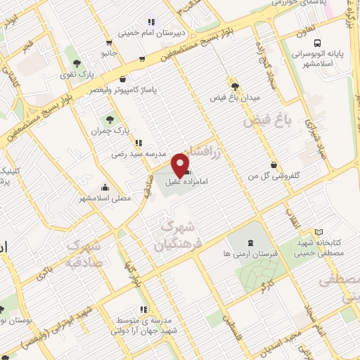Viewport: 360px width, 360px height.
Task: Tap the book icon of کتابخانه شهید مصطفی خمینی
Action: [x=320, y=231]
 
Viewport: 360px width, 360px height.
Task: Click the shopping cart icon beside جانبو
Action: [x=143, y=60]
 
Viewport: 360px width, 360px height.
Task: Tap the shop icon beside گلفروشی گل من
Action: [x=273, y=165]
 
